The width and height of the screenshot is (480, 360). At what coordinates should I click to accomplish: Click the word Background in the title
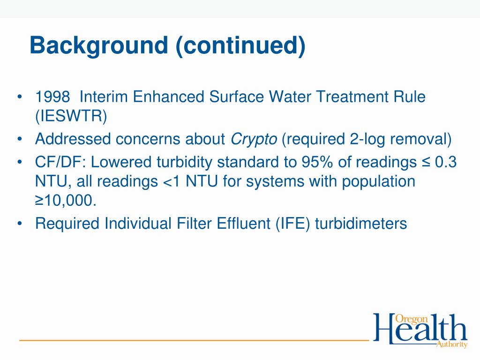98,45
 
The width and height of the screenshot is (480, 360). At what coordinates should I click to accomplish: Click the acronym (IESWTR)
71,116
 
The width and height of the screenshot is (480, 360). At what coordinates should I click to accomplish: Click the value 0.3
446,163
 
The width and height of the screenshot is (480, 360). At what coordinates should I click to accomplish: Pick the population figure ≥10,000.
66,200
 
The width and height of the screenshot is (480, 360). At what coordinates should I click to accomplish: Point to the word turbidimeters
361,224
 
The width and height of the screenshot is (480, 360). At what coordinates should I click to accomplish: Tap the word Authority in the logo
451,345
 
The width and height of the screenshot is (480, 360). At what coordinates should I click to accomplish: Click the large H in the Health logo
384,329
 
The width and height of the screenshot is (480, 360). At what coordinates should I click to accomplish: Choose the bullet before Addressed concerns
19,140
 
